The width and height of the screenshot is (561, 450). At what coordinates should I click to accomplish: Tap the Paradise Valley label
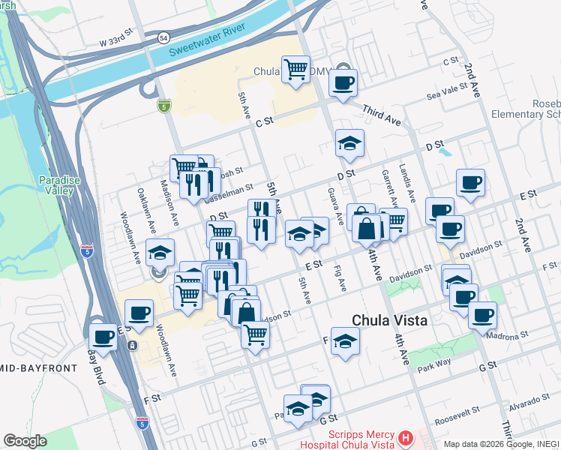pos(56,185)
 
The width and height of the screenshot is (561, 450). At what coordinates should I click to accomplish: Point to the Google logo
pos(25,441)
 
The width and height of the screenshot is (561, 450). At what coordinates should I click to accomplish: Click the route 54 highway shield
pos(163,37)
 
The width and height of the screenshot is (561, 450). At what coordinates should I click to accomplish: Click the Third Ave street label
pos(382,115)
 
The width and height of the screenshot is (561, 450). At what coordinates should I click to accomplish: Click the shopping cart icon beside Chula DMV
pos(296,70)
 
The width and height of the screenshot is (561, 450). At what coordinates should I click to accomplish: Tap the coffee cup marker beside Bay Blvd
pos(103,335)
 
